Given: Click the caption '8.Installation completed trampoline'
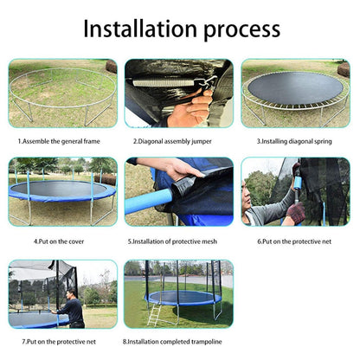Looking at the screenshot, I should [177, 341].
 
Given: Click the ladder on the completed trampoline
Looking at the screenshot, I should [154, 314].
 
